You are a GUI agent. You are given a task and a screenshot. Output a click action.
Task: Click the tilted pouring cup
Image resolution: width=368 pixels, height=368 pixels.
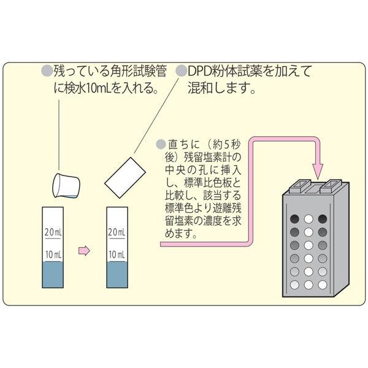(66, 185)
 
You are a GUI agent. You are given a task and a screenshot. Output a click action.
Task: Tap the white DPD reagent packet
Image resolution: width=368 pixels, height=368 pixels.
(125, 178)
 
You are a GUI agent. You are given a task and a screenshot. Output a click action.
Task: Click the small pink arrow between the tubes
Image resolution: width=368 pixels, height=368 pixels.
(84, 251)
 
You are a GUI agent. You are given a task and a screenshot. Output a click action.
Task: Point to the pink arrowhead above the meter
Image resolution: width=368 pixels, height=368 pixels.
(317, 171)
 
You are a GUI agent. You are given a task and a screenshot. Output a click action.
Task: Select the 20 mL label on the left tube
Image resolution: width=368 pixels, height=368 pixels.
(53, 232)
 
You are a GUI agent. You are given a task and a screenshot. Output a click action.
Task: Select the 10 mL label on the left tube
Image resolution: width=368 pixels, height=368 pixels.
(53, 255)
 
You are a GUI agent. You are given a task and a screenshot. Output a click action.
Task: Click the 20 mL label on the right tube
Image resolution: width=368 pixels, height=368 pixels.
(117, 232)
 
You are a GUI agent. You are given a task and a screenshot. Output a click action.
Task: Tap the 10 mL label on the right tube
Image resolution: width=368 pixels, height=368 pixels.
(117, 255)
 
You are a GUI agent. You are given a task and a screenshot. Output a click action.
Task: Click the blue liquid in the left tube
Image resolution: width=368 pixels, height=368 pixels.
(53, 275)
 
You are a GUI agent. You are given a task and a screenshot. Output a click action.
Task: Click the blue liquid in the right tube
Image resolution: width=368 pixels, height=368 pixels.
(117, 275)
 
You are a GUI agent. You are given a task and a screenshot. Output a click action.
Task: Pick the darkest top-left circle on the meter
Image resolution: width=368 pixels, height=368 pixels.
(294, 219)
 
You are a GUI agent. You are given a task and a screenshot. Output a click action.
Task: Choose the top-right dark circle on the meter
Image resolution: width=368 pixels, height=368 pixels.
(323, 219)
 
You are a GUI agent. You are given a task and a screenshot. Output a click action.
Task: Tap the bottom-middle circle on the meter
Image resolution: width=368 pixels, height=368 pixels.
(309, 285)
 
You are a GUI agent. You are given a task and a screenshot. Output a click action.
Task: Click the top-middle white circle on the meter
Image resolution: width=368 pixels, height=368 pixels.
(309, 219)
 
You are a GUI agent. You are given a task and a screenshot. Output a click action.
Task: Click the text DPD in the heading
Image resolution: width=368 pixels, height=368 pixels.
(199, 72)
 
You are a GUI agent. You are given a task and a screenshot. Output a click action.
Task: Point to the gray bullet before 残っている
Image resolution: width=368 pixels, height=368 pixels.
(47, 71)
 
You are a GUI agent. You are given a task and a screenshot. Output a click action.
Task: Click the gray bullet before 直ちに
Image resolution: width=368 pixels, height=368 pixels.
(161, 144)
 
